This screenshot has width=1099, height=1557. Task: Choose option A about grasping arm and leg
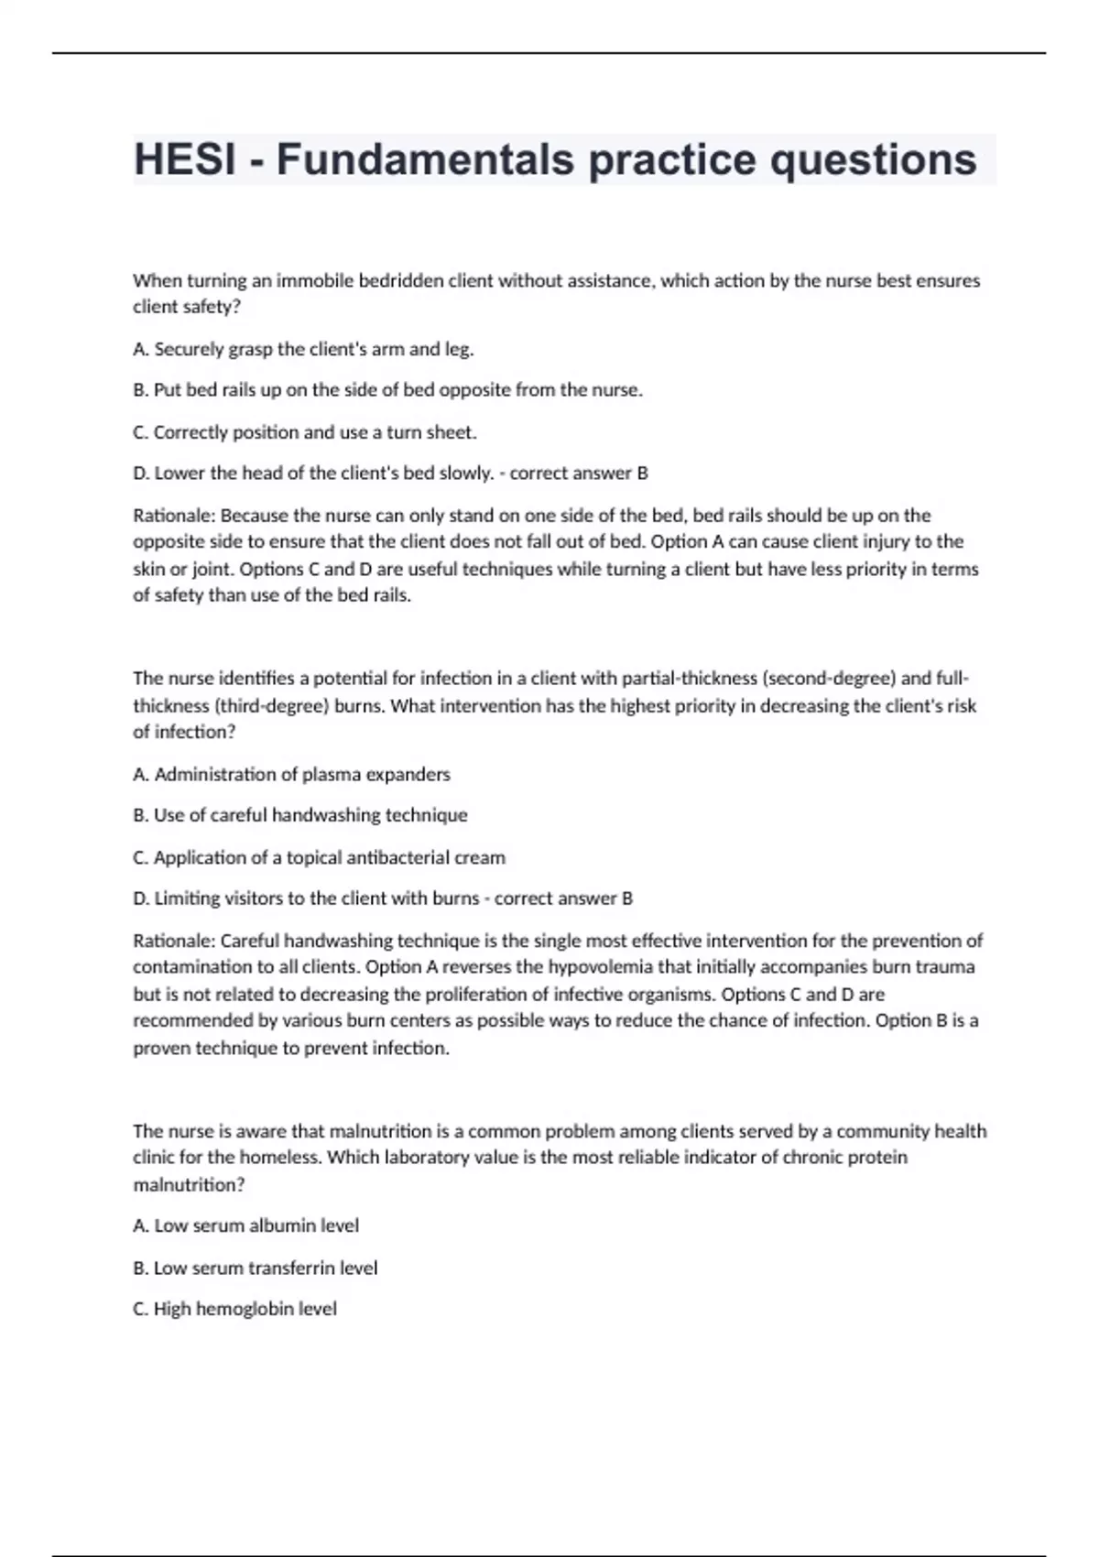(x=303, y=349)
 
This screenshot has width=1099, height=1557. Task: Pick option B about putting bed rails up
(x=387, y=390)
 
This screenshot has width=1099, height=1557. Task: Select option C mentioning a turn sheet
(x=305, y=432)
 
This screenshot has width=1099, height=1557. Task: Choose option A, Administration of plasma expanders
(x=291, y=775)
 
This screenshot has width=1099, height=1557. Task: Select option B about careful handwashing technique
(x=300, y=815)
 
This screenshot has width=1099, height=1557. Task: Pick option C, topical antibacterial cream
(x=319, y=858)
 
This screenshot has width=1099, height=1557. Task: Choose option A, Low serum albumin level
(x=245, y=1225)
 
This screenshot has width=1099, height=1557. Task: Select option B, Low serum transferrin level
(x=255, y=1268)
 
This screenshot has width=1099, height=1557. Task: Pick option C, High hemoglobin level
(x=234, y=1310)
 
